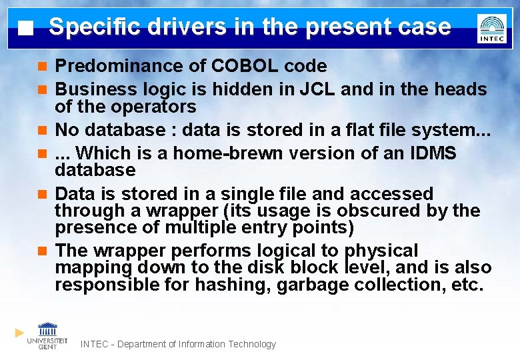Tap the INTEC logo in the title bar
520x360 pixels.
click(x=491, y=28)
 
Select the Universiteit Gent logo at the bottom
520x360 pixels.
click(x=47, y=335)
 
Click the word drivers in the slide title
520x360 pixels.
click(x=167, y=27)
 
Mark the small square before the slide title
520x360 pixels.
click(x=25, y=29)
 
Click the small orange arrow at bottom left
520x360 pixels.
click(x=19, y=333)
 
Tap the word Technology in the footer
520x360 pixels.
click(x=251, y=344)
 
